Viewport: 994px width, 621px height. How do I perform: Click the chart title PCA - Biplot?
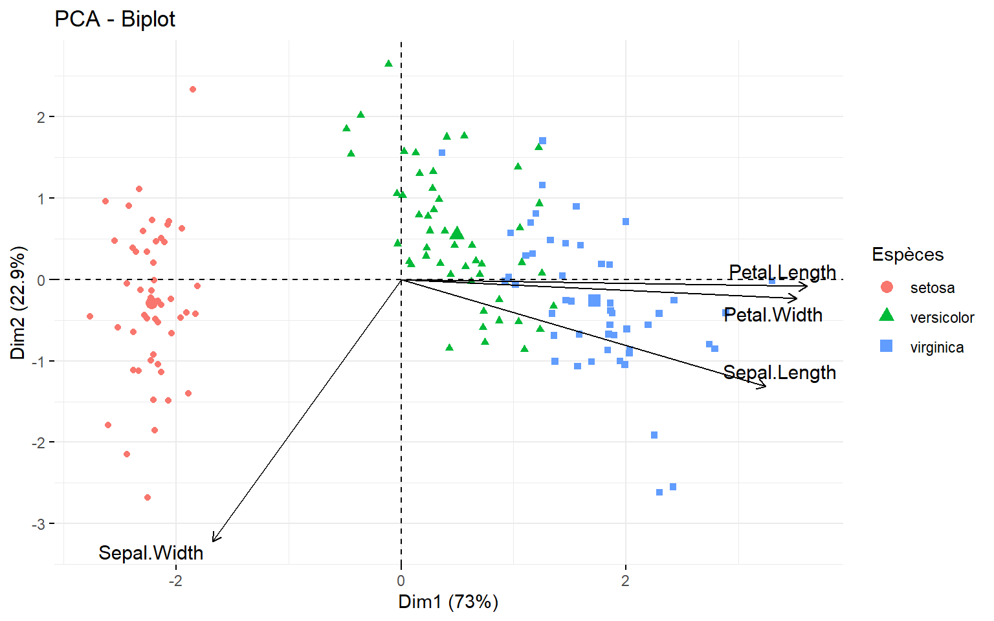coord(115,19)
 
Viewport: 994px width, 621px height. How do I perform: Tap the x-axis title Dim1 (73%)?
coord(448,602)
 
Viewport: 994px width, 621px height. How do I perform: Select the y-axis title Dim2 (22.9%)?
coord(18,303)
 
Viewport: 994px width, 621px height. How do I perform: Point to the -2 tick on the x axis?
coord(175,581)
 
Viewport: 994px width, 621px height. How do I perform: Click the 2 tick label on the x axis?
coord(625,581)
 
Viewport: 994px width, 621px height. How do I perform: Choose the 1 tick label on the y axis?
coord(41,199)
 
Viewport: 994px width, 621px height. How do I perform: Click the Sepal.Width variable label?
coord(151,553)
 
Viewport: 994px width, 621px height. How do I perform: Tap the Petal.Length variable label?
coord(782,272)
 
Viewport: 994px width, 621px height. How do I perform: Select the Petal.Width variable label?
coord(773,315)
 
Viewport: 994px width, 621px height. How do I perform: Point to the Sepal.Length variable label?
coord(779,373)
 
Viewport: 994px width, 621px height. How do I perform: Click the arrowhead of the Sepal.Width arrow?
coord(214,540)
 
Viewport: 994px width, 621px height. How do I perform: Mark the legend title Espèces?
coord(907,255)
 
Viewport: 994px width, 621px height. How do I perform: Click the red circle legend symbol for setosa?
coord(887,287)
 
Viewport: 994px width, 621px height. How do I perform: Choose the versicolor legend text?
coord(942,318)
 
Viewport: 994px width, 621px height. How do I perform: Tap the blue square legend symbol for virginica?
coord(887,346)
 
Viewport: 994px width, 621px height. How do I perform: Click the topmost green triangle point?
coord(388,63)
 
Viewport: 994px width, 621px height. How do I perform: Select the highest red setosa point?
coord(193,89)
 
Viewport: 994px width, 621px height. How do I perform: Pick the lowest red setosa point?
coord(148,497)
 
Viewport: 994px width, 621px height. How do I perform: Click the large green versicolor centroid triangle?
coord(457,234)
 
